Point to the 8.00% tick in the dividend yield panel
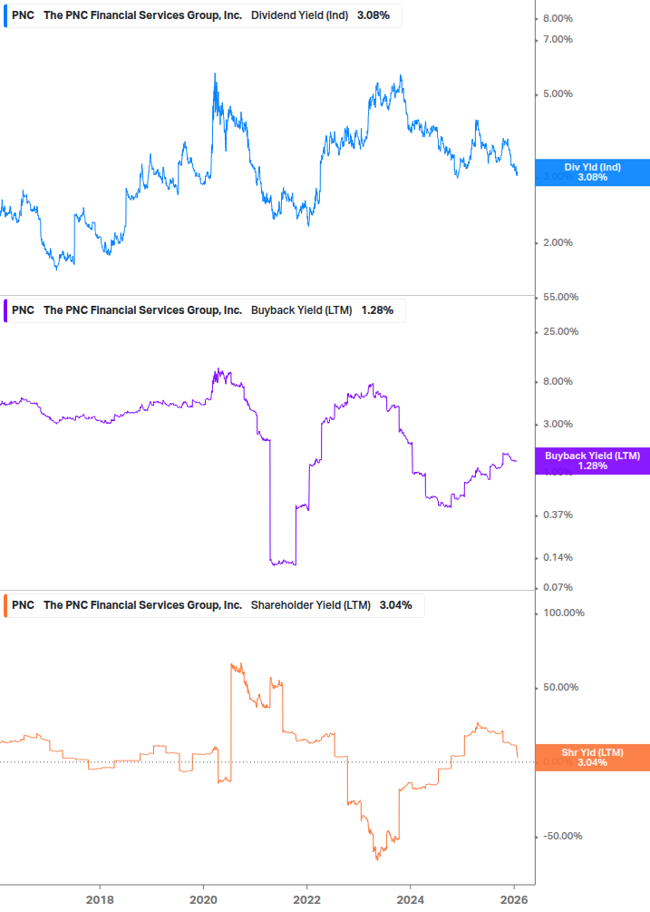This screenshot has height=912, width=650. (x=558, y=19)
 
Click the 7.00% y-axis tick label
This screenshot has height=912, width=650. (x=558, y=39)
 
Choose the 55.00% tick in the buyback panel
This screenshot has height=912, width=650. (x=560, y=298)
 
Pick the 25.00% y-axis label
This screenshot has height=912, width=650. (x=560, y=331)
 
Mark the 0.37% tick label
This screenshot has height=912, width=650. (x=558, y=515)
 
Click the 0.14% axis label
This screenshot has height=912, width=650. (x=558, y=557)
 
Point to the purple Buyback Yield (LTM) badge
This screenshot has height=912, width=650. (x=592, y=461)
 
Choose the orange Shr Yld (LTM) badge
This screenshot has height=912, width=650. (x=592, y=758)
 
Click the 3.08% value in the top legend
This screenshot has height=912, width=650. (x=374, y=15)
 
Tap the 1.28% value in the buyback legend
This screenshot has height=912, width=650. (x=377, y=310)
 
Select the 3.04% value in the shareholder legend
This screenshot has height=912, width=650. (x=395, y=605)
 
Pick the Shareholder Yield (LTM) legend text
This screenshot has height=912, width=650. (x=310, y=605)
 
